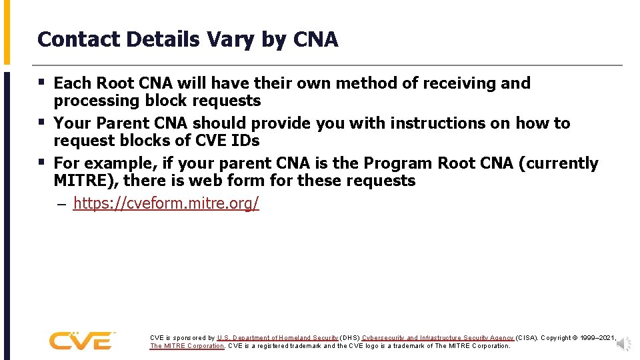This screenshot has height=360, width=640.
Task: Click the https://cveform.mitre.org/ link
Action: coord(165,203)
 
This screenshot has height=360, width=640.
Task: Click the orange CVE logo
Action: coord(81,341)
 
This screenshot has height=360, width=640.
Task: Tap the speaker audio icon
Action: coord(623,343)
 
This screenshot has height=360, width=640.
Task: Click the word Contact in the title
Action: coord(71,40)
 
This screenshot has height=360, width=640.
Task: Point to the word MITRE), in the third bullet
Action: coord(85,181)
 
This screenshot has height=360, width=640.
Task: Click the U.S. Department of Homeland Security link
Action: coord(277,338)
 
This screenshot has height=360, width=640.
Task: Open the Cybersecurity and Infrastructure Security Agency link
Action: coord(438,338)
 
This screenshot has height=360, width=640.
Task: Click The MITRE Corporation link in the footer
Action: coord(187,346)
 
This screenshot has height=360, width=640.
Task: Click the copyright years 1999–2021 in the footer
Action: coord(599,338)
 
